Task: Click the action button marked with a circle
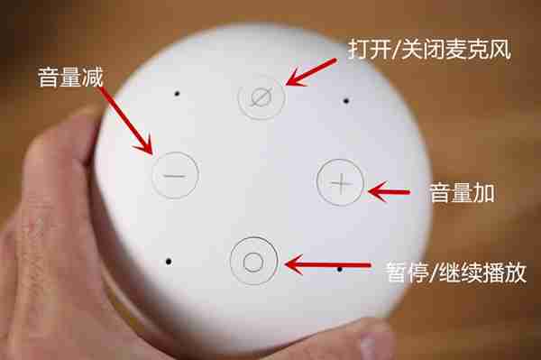pos(253,261)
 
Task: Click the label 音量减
pos(69,77)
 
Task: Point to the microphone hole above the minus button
pos(178,93)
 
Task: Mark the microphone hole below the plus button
pos(339,268)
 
